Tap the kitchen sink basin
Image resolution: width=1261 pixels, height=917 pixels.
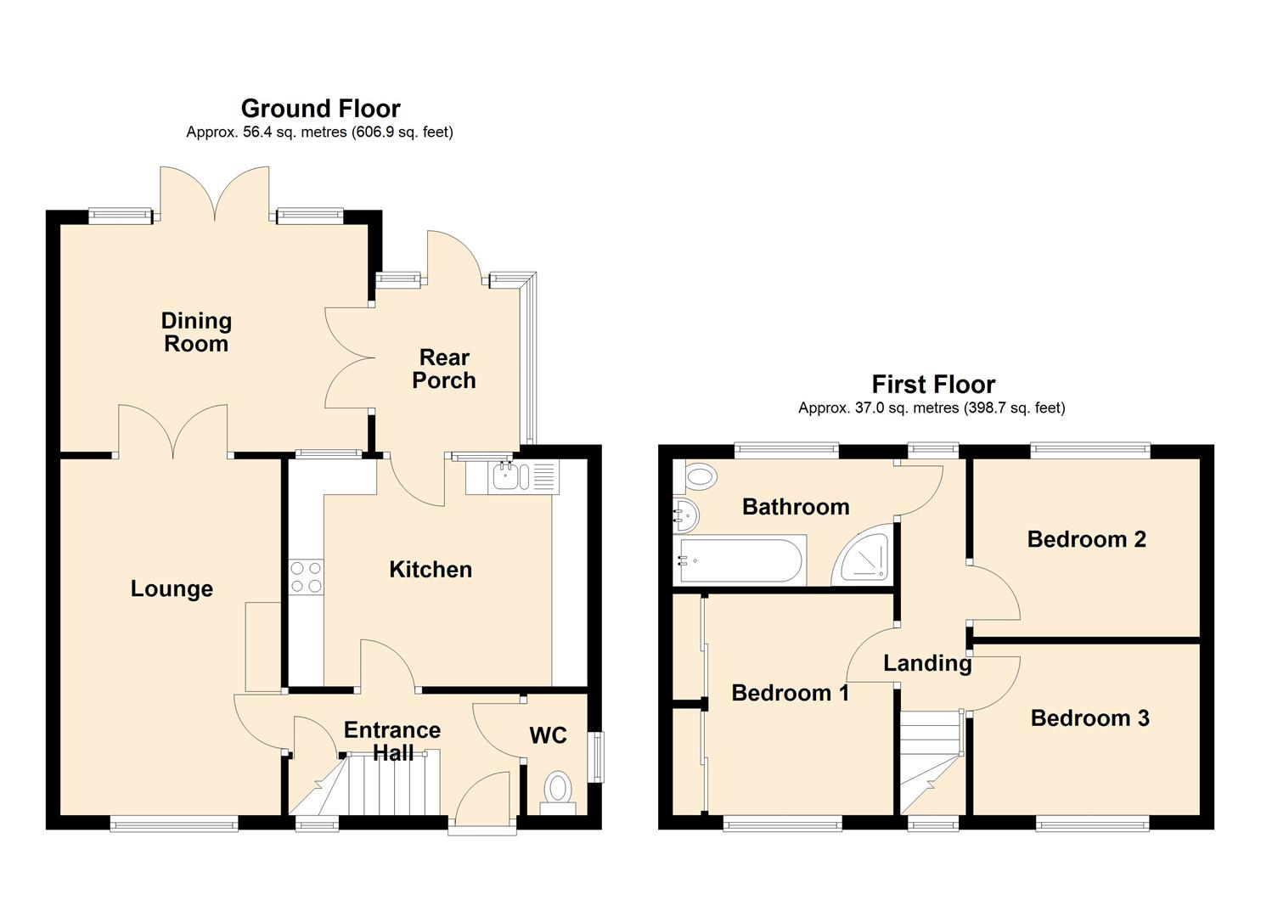(x=507, y=476)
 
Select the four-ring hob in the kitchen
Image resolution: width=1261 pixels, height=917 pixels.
(x=307, y=577)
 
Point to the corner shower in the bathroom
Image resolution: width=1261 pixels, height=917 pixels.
(x=862, y=556)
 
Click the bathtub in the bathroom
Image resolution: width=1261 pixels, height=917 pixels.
(x=740, y=560)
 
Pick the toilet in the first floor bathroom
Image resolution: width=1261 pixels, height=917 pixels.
(x=695, y=477)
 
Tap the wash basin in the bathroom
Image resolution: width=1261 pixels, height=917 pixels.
(x=686, y=515)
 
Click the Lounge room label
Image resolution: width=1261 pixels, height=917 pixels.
(x=172, y=588)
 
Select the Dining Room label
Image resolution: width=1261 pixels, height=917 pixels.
(x=196, y=332)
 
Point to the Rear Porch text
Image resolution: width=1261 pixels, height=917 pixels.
(x=444, y=368)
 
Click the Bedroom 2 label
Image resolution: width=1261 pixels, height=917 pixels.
(x=1086, y=538)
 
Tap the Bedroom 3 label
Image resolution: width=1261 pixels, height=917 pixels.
(x=1089, y=717)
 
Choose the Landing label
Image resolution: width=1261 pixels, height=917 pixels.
(x=927, y=664)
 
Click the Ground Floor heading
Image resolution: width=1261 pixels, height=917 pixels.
(x=320, y=108)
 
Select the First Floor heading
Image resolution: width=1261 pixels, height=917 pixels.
(x=933, y=384)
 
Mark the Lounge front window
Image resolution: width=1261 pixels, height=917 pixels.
(x=174, y=823)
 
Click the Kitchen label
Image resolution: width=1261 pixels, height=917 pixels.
(x=431, y=569)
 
